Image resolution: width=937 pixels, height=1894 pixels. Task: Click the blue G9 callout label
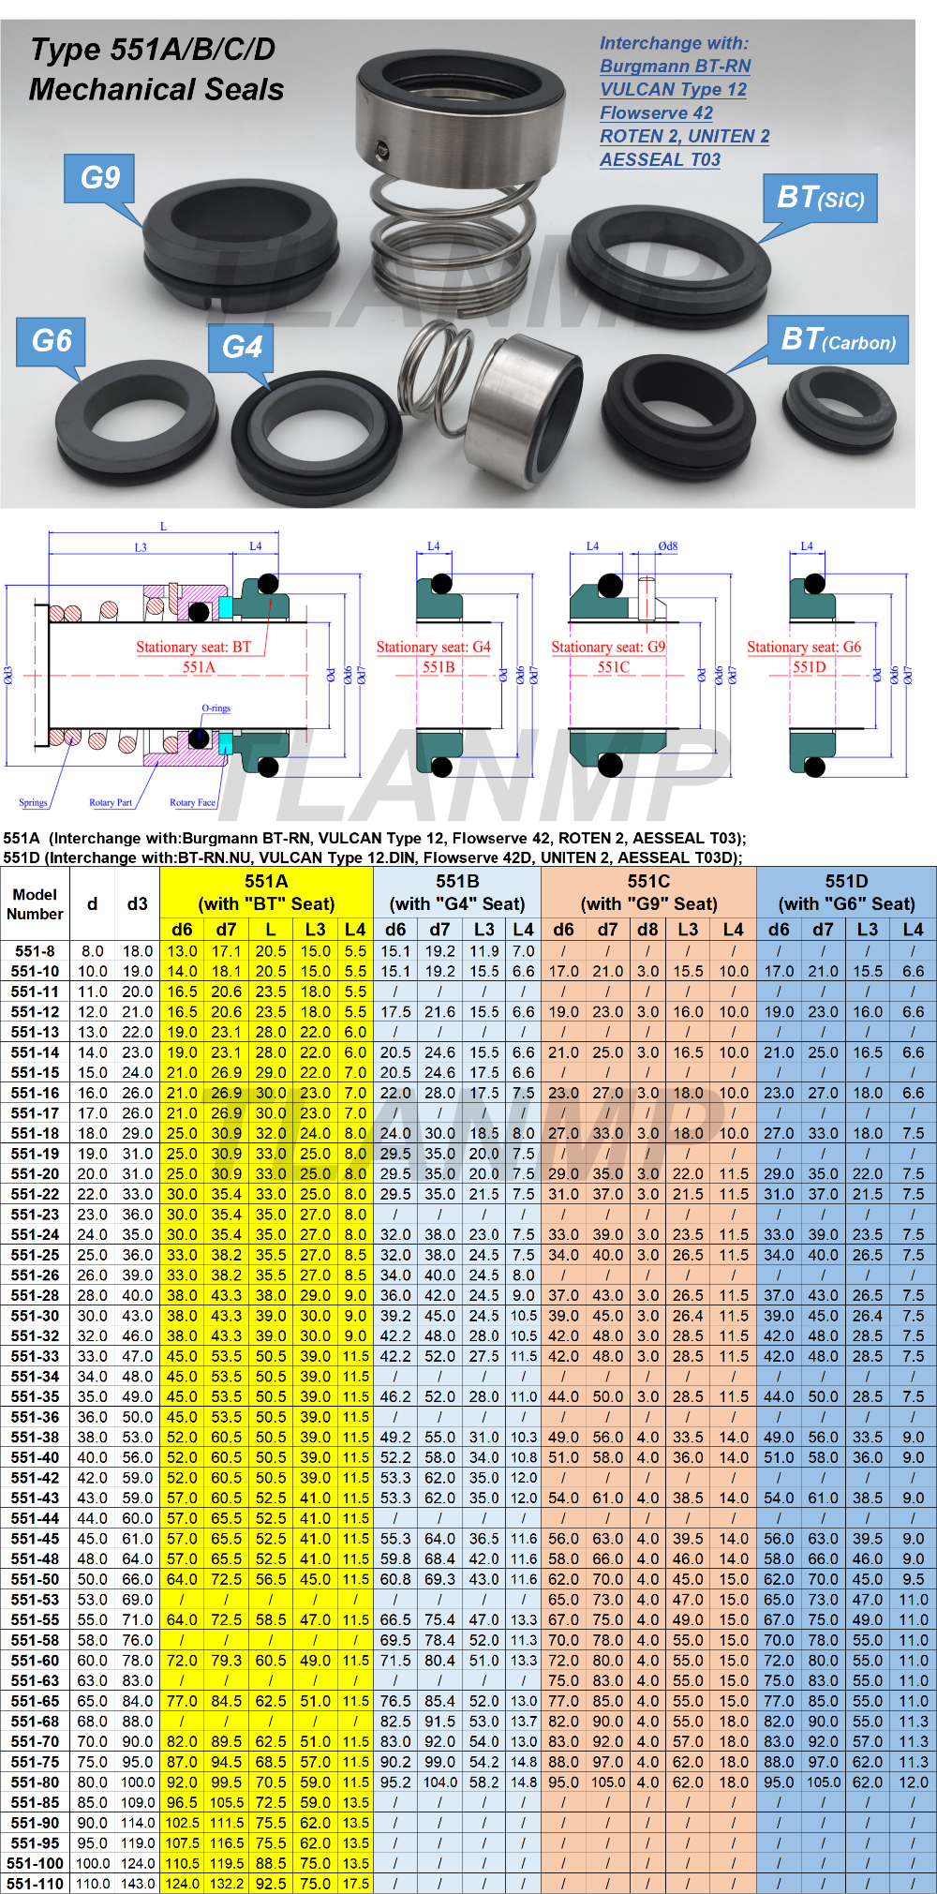click(100, 178)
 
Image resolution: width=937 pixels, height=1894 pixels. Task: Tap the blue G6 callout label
click(52, 341)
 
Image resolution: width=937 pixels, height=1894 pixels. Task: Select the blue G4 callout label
click(242, 348)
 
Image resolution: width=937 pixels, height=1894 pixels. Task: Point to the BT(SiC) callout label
click(821, 198)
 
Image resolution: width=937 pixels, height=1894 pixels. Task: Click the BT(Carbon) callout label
click(839, 339)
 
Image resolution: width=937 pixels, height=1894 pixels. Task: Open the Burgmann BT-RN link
click(676, 67)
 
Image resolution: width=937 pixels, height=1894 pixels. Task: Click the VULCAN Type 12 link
click(674, 90)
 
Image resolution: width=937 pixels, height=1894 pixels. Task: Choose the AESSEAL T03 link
click(661, 160)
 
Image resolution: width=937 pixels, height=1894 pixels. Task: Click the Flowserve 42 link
click(657, 113)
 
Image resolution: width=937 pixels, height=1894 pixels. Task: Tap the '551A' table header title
click(266, 881)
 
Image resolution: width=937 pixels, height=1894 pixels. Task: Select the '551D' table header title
click(846, 881)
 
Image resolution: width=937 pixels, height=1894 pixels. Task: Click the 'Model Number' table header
click(35, 904)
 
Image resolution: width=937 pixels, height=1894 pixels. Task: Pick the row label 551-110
click(36, 1884)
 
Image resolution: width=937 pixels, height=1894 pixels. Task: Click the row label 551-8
click(36, 951)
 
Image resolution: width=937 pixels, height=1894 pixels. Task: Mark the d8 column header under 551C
click(647, 930)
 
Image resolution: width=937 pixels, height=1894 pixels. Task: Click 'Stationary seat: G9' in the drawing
click(608, 648)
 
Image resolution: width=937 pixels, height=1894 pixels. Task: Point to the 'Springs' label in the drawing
click(33, 803)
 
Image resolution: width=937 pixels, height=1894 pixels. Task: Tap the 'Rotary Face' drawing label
click(192, 803)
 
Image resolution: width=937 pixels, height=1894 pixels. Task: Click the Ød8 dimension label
click(668, 545)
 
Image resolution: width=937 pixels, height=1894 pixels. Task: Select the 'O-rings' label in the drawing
click(216, 708)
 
